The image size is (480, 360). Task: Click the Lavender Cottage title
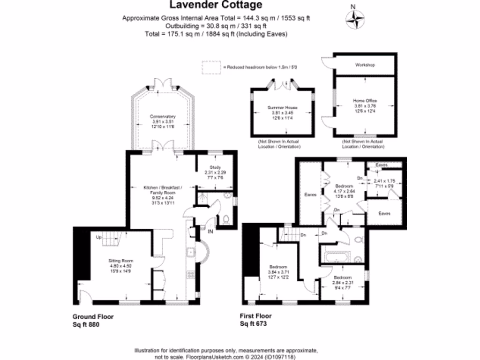[x=216, y=6]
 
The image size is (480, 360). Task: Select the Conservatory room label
[x=163, y=116]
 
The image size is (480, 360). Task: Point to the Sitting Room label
[x=122, y=261]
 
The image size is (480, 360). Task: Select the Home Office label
[x=365, y=101]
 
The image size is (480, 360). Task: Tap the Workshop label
[x=365, y=65]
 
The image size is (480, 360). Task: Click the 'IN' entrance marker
[x=210, y=231]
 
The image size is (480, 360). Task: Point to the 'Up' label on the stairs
[x=99, y=237]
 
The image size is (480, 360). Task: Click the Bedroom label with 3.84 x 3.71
[x=277, y=266]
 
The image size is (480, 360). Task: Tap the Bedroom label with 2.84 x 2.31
[x=341, y=277]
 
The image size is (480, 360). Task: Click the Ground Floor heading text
[x=93, y=316]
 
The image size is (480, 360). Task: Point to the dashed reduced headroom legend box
[x=211, y=67]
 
